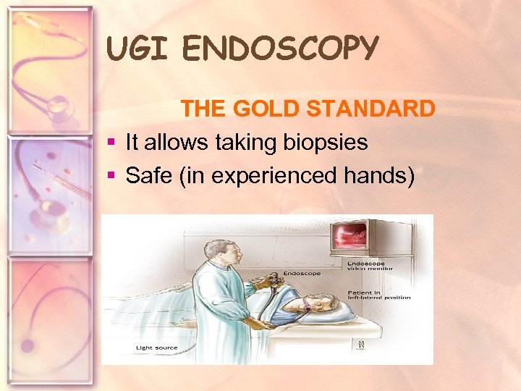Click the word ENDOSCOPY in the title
(281, 49)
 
